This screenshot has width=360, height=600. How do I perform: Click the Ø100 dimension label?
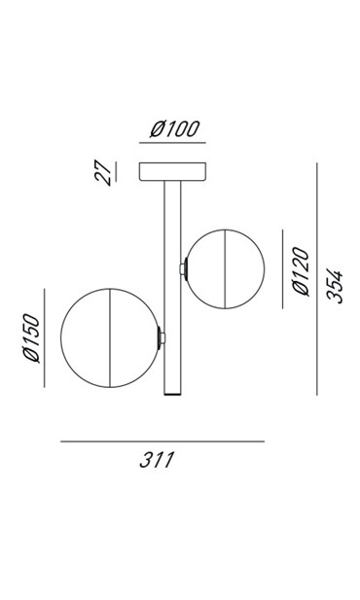coord(174,129)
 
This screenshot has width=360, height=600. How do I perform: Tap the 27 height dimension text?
coord(103,172)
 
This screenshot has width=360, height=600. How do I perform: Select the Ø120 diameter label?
coord(301,271)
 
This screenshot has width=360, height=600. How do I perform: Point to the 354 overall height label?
coord(335,287)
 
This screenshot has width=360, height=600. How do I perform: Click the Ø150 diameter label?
coord(31,337)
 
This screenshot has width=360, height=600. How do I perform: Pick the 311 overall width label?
coord(157,460)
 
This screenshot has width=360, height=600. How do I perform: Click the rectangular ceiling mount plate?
coord(172,171)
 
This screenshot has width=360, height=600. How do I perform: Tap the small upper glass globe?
coord(225,269)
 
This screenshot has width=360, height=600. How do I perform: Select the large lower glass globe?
coord(110,337)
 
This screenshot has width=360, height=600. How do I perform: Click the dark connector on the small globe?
coord(186,269)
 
